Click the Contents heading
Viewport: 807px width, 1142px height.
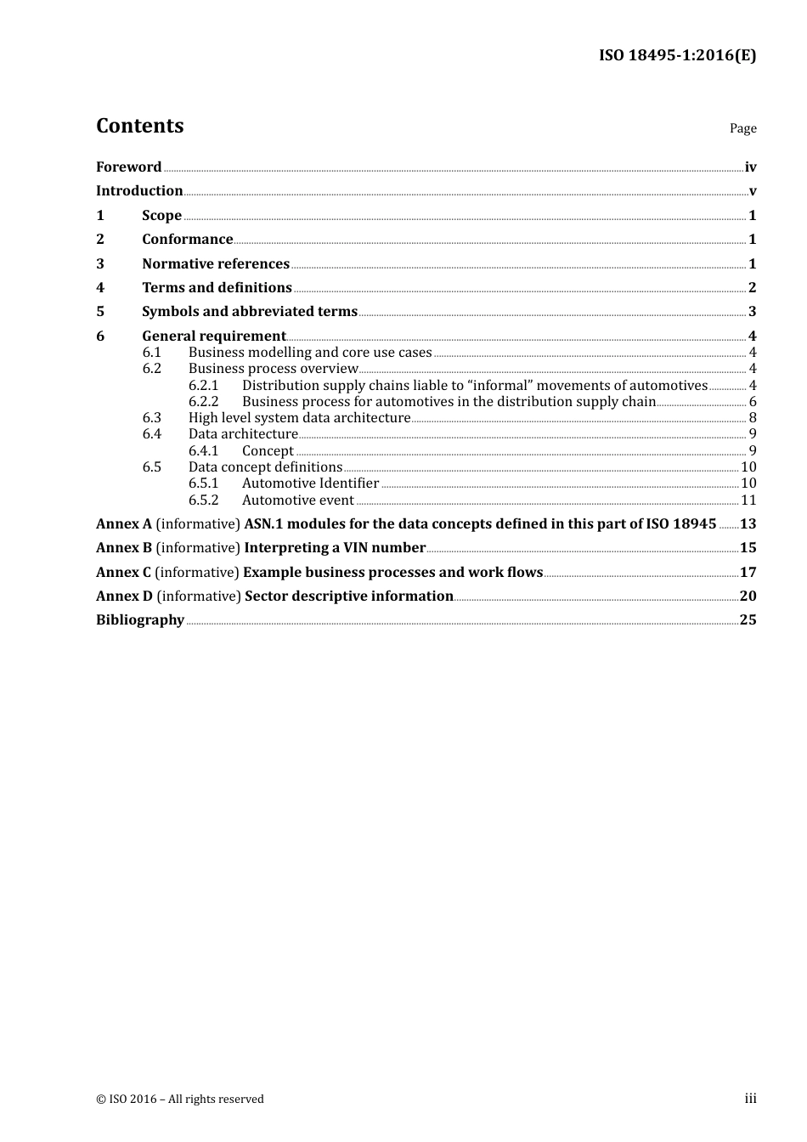(139, 126)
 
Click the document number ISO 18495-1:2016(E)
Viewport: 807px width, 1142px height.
(677, 55)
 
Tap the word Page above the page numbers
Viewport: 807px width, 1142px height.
(742, 128)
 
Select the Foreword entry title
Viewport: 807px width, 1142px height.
(128, 167)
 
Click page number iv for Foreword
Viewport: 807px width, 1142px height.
(750, 167)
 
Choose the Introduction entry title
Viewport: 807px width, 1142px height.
(139, 191)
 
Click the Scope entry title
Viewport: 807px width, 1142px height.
(161, 216)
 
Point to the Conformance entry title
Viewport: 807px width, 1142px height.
(187, 240)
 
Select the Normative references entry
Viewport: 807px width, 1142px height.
(216, 264)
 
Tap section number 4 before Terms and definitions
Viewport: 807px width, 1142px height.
(100, 288)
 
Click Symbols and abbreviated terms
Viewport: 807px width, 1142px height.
(250, 312)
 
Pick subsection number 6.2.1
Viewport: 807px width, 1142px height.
(203, 386)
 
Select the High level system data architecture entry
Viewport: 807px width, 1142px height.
(299, 418)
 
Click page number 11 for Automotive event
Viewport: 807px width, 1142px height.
(748, 500)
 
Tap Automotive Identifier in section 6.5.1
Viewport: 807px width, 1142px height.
(310, 483)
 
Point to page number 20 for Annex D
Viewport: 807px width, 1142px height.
(748, 596)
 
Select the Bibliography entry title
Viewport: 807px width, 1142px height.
(140, 620)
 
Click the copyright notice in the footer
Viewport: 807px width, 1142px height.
(180, 1100)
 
